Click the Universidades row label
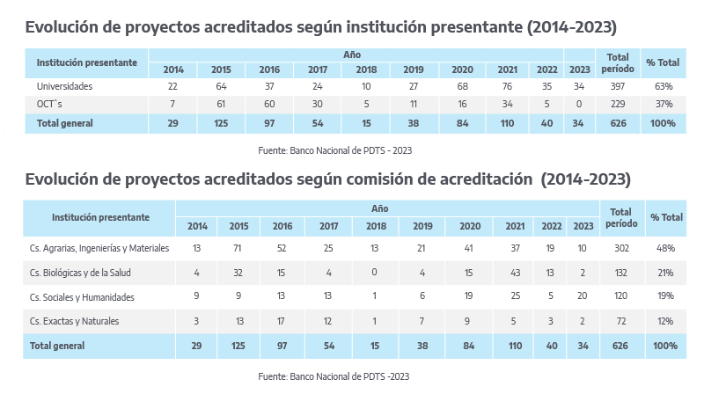pos(64,87)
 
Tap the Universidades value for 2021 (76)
pos(506,87)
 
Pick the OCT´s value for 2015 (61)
pos(221,104)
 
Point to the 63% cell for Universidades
pos(664,87)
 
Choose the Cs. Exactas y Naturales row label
pos(77,321)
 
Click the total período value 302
pos(620,249)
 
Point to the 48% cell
pos(665,249)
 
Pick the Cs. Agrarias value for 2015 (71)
pos(238,249)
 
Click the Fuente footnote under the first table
pos(335,150)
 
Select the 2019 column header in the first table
pos(414,69)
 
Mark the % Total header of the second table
pos(665,217)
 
